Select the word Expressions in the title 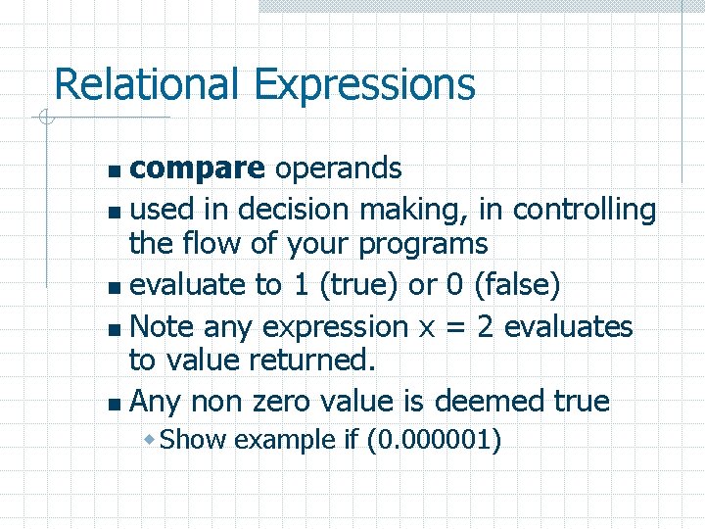coord(365,85)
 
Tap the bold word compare coord(197,169)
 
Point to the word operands coord(338,169)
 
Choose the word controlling coord(585,210)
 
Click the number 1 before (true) coord(299,285)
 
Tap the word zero coord(293,402)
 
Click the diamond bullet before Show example coord(149,440)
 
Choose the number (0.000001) coord(434,440)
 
